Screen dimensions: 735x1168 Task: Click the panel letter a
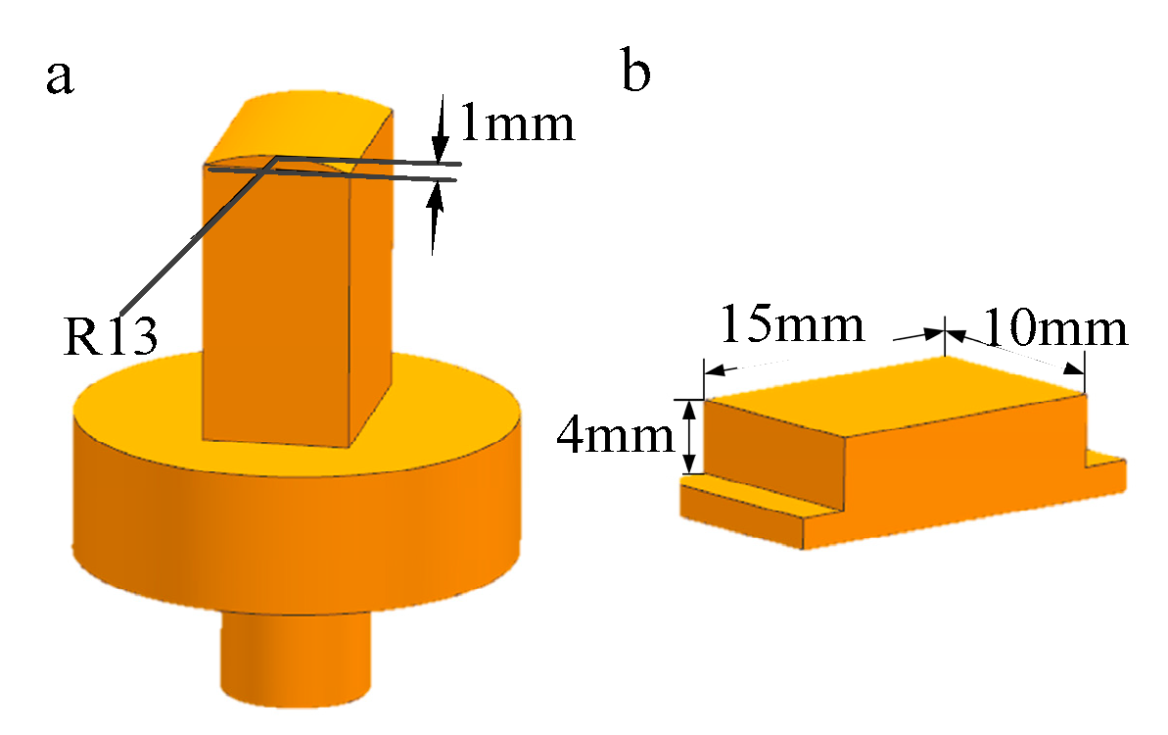60,77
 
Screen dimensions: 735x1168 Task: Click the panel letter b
636,74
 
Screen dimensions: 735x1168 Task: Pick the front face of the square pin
274,304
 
